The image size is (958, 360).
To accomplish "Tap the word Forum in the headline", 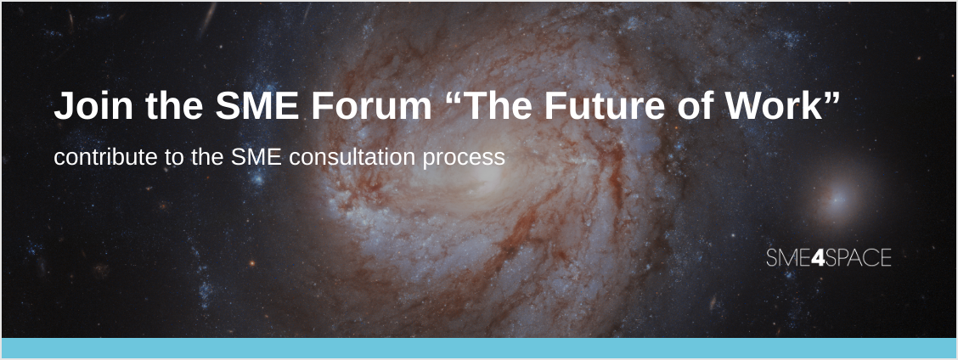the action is point(371,105).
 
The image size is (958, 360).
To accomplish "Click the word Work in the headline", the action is point(772,105).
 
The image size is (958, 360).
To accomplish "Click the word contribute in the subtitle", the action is point(105,157).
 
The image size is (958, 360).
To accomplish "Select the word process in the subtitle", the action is point(464,158).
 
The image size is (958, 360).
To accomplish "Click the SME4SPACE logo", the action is point(828,258).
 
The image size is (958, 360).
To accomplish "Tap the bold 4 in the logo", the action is point(818,258).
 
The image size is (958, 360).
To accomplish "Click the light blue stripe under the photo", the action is point(479,347).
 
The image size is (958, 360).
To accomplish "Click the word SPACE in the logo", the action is point(859,258).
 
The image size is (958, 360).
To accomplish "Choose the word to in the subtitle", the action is point(173,157).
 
